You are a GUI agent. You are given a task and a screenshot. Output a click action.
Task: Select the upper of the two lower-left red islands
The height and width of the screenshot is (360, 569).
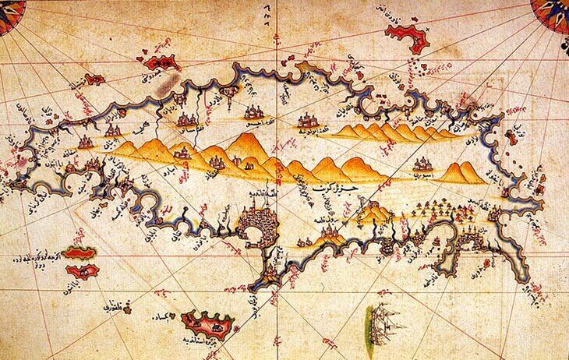[78, 252]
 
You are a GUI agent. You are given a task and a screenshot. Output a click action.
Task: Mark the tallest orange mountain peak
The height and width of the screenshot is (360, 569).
[246, 140]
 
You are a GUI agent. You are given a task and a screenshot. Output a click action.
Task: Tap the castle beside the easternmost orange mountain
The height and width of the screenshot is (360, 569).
[424, 164]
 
